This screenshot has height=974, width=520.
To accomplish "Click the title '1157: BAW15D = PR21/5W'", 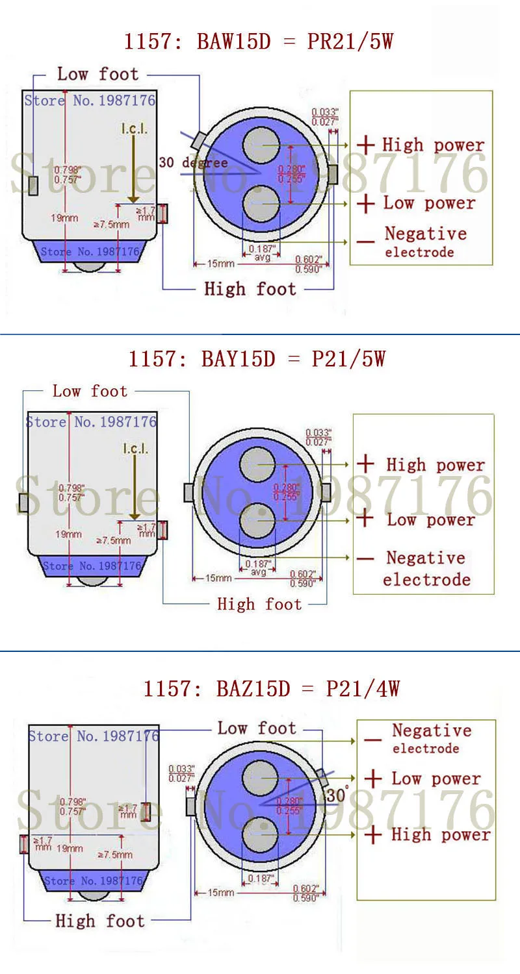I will (x=259, y=42).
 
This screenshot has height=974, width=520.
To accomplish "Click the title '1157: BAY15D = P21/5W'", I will (x=257, y=358).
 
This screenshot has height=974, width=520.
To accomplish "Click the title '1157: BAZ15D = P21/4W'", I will (x=271, y=688).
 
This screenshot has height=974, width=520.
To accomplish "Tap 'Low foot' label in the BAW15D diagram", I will (x=97, y=74).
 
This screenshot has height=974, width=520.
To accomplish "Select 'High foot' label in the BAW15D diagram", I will (x=250, y=289).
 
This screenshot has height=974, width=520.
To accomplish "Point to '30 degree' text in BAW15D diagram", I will (x=193, y=162).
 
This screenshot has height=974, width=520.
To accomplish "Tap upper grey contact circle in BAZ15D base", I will (x=261, y=778).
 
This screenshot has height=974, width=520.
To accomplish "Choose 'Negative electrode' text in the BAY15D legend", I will (x=426, y=568).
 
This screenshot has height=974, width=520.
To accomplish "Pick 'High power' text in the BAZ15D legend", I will (x=440, y=834).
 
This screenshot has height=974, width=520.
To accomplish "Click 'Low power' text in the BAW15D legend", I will (x=429, y=203).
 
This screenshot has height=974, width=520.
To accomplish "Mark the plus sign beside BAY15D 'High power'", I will (x=366, y=464).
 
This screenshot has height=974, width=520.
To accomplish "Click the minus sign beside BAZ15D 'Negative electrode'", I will (x=372, y=739).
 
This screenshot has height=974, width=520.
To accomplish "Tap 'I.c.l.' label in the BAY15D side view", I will (x=135, y=448).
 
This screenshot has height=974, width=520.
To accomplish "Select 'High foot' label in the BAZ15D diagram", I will (x=99, y=920).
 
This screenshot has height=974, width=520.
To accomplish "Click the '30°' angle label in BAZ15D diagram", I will (x=338, y=795).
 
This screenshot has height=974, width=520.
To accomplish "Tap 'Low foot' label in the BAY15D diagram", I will (x=90, y=391).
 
